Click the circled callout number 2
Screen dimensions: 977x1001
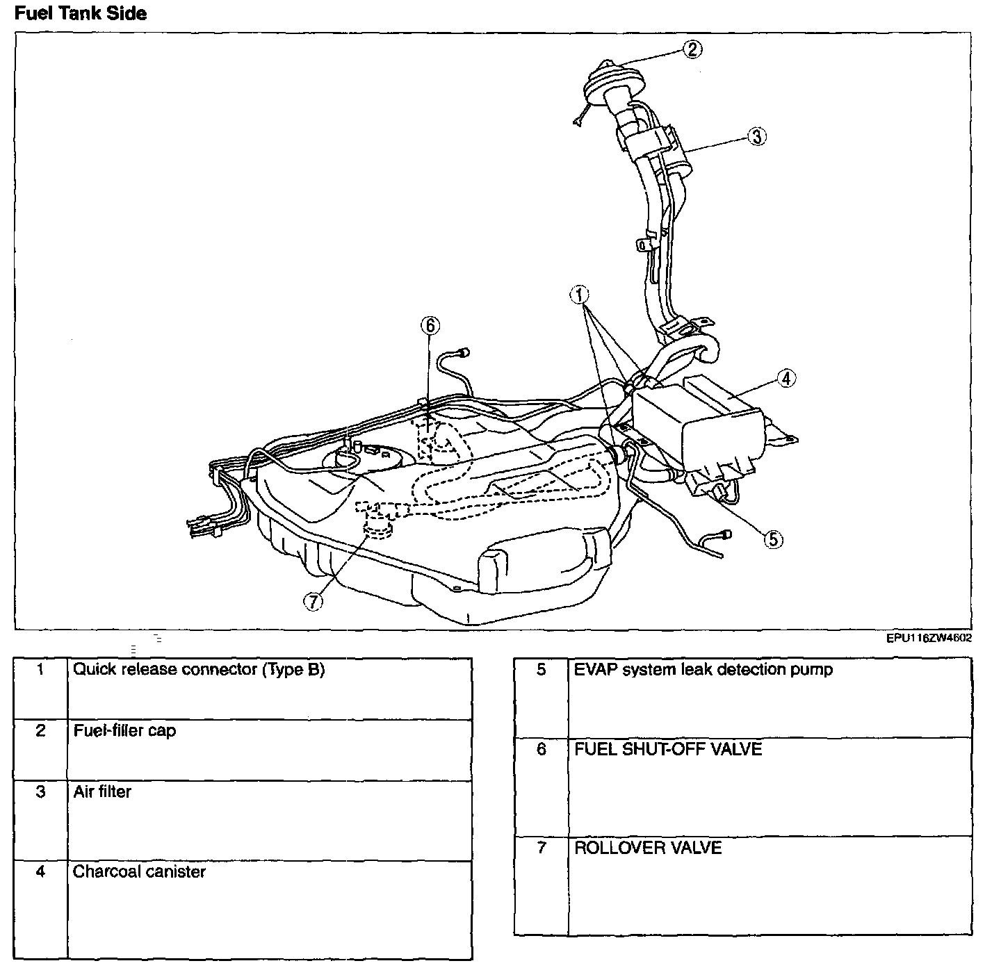coord(692,49)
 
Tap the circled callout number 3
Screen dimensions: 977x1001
coord(756,136)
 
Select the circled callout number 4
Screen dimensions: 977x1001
coord(786,379)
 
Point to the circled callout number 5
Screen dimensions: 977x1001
coord(773,539)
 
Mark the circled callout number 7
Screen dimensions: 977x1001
coord(314,602)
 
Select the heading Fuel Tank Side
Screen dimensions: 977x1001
coord(81,13)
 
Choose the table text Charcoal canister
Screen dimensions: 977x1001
coord(139,871)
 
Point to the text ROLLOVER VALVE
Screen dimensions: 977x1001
coord(648,848)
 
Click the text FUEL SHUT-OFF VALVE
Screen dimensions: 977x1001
coord(668,749)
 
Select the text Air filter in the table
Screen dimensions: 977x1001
coord(102,791)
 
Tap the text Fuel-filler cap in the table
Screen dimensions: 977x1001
coord(124,730)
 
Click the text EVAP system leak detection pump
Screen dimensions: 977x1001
coord(703,670)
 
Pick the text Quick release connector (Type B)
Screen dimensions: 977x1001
coord(199,670)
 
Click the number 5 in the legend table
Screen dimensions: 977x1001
coord(542,670)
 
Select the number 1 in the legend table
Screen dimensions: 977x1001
coord(41,670)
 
